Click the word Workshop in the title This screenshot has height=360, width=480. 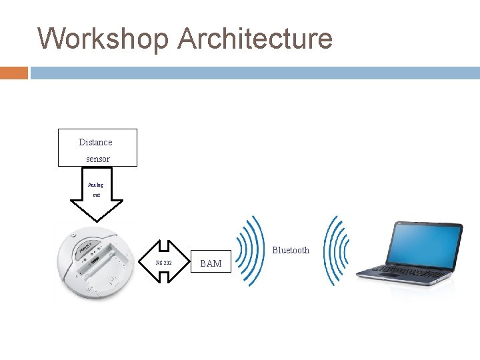pyautogui.click(x=103, y=39)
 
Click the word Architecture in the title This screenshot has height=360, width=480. pyautogui.click(x=255, y=39)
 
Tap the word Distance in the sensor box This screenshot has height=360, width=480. pyautogui.click(x=95, y=142)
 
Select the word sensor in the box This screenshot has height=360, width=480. pyautogui.click(x=97, y=159)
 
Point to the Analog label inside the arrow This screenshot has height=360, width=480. pyautogui.click(x=96, y=185)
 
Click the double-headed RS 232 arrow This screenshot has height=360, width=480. pyautogui.click(x=164, y=262)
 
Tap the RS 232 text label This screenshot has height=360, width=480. pyautogui.click(x=163, y=263)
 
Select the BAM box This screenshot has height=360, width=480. pyautogui.click(x=211, y=263)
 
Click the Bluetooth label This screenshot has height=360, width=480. pyautogui.click(x=291, y=250)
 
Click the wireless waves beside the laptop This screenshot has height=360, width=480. pyautogui.click(x=335, y=250)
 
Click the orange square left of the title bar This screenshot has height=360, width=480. pyautogui.click(x=13, y=73)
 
